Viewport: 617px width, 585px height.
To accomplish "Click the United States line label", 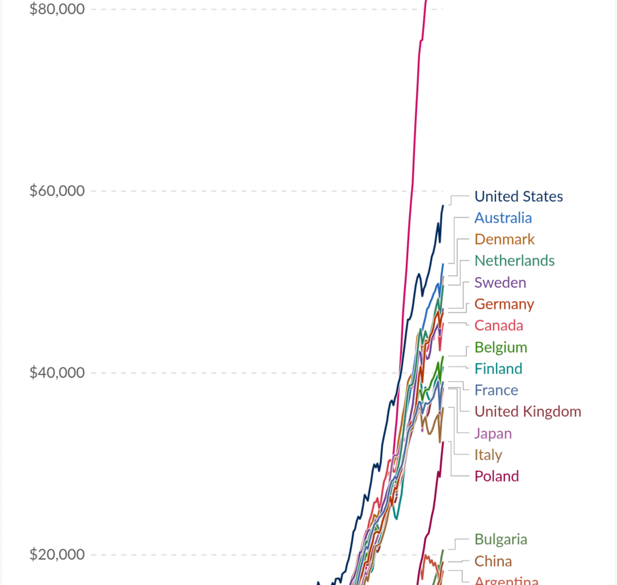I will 518,197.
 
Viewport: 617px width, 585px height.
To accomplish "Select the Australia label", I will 503,218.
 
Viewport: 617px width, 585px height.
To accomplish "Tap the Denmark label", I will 504,239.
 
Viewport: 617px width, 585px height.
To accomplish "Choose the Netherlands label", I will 514,261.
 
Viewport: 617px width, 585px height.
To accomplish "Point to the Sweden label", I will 500,282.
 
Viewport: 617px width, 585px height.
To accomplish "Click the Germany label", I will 504,304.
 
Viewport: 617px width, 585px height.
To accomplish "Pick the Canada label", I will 498,326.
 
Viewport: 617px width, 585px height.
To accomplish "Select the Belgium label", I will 500,347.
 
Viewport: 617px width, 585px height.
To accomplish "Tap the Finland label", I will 498,369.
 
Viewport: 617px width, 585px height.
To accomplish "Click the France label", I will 496,390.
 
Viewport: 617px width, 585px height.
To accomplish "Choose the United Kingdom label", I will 527,411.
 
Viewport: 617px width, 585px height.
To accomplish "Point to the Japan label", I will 493,433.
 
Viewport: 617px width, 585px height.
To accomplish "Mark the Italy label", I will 488,455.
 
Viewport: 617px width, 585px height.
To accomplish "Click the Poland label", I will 496,476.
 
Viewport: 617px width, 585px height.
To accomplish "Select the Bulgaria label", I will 500,539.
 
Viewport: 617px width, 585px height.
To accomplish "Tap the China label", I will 493,561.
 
